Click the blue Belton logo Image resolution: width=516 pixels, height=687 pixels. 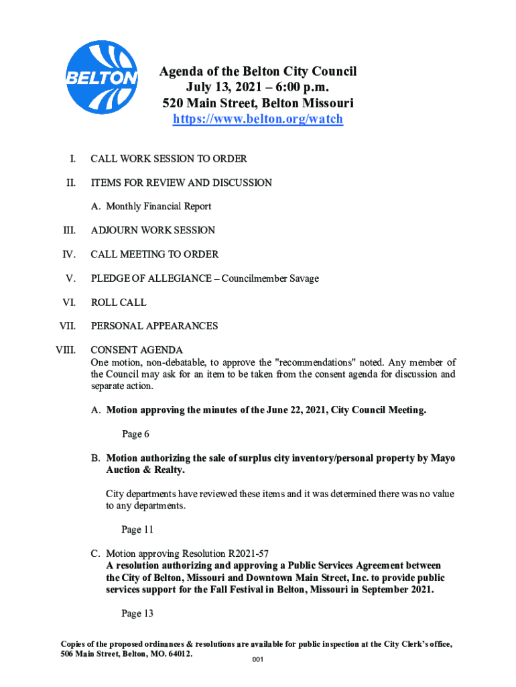[103, 76]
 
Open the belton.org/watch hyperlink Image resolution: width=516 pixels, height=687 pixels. [258, 119]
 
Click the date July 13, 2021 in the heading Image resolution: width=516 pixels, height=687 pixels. [222, 88]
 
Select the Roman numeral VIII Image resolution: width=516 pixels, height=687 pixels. [66, 350]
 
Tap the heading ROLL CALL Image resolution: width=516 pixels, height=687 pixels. [119, 303]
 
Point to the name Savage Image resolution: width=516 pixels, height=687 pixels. [304, 278]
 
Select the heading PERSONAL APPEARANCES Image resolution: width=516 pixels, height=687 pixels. [154, 326]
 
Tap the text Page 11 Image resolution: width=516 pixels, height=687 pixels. [137, 529]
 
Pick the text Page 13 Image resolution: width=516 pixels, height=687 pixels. [137, 613]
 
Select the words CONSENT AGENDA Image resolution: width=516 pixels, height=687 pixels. [137, 350]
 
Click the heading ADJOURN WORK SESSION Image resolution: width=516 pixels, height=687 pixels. [153, 231]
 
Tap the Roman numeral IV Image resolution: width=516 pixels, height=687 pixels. [69, 255]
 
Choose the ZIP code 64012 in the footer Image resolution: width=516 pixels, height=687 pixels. [178, 653]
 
